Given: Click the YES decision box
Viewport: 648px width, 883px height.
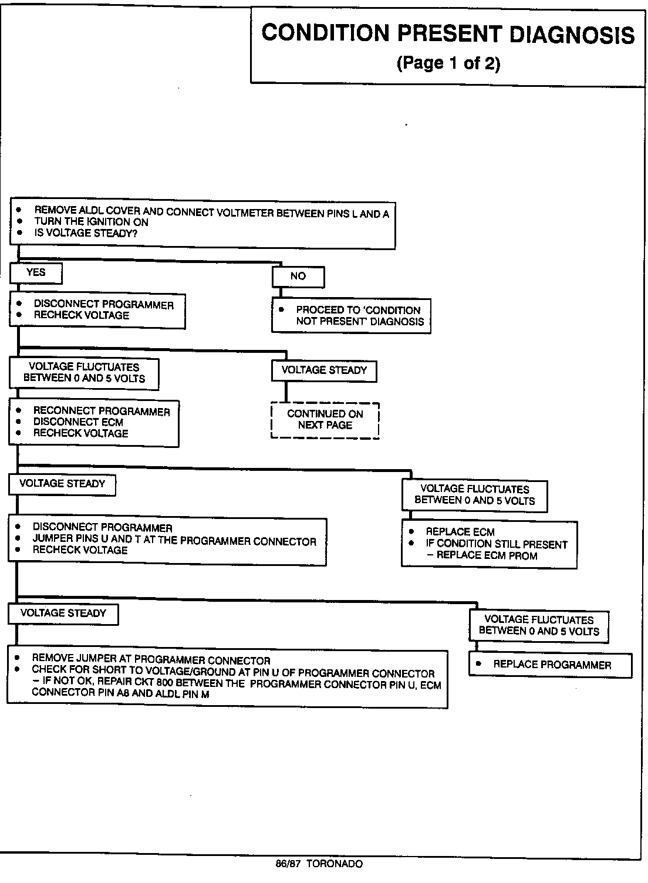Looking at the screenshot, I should pyautogui.click(x=36, y=272).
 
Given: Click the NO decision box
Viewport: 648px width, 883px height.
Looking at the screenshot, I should pyautogui.click(x=298, y=277).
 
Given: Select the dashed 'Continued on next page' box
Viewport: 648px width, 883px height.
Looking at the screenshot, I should pyautogui.click(x=325, y=420).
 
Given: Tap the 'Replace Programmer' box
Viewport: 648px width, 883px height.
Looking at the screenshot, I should pyautogui.click(x=551, y=665).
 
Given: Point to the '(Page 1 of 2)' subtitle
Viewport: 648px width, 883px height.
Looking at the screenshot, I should pyautogui.click(x=448, y=63).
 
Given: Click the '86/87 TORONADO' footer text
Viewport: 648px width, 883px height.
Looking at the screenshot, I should pyautogui.click(x=319, y=864).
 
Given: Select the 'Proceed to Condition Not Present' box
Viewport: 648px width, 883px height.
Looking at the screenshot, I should pyautogui.click(x=351, y=316).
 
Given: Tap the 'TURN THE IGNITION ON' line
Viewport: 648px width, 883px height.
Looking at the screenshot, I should pyautogui.click(x=91, y=222).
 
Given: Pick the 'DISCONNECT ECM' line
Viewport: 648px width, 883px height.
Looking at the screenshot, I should pyautogui.click(x=78, y=422).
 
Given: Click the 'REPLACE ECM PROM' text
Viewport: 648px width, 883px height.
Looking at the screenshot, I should pyautogui.click(x=487, y=555).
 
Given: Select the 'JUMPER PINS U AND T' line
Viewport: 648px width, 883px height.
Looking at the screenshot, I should pyautogui.click(x=174, y=541).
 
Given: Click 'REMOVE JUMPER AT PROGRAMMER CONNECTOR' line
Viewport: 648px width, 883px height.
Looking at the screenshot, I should pyautogui.click(x=151, y=660).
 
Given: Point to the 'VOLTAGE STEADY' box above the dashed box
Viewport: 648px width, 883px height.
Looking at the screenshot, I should pyautogui.click(x=324, y=370).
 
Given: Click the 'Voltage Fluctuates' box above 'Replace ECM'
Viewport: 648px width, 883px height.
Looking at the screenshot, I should pyautogui.click(x=475, y=495).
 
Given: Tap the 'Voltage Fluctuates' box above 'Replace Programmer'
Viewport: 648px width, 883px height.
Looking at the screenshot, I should pyautogui.click(x=539, y=625).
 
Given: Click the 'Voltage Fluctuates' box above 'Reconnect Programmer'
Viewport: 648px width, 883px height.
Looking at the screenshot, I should pyautogui.click(x=84, y=373).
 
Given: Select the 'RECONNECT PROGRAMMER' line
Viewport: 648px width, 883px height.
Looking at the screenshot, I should pyautogui.click(x=101, y=412).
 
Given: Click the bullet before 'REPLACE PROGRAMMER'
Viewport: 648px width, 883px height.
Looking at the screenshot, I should pyautogui.click(x=478, y=664).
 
